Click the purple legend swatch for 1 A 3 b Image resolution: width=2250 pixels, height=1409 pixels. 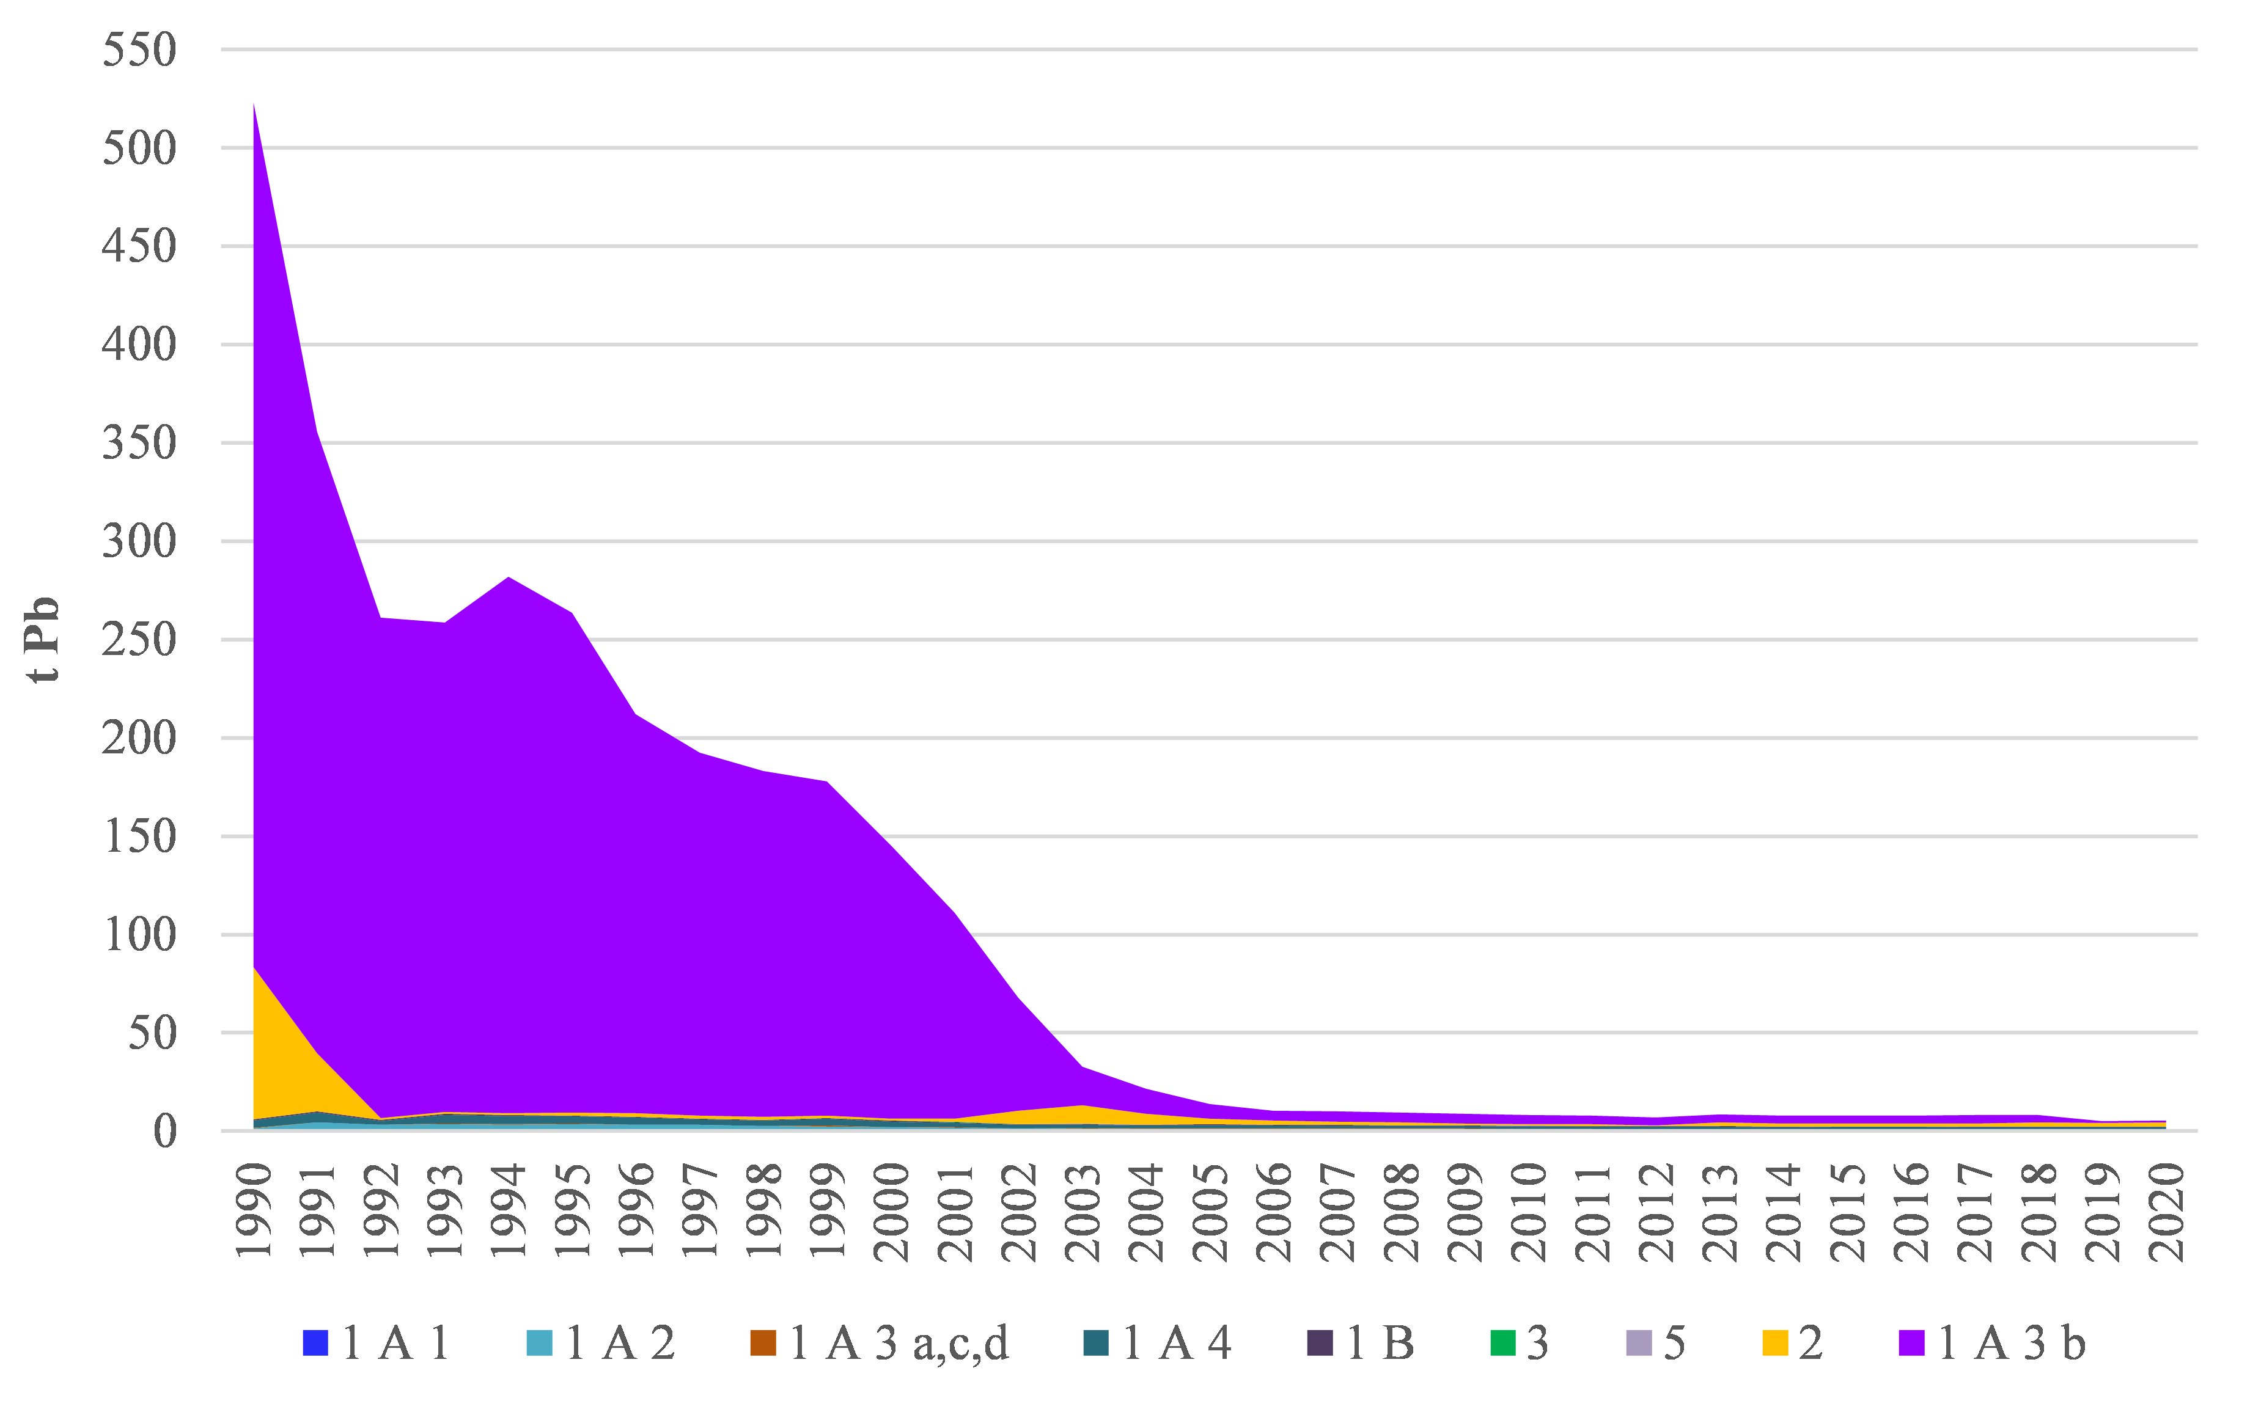[x=1911, y=1343]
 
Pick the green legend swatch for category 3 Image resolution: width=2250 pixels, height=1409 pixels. [x=1502, y=1343]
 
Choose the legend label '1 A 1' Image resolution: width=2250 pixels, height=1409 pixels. [x=396, y=1343]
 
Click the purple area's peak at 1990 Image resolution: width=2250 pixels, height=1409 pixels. [x=254, y=104]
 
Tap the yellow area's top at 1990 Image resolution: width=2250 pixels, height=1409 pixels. [x=254, y=968]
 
